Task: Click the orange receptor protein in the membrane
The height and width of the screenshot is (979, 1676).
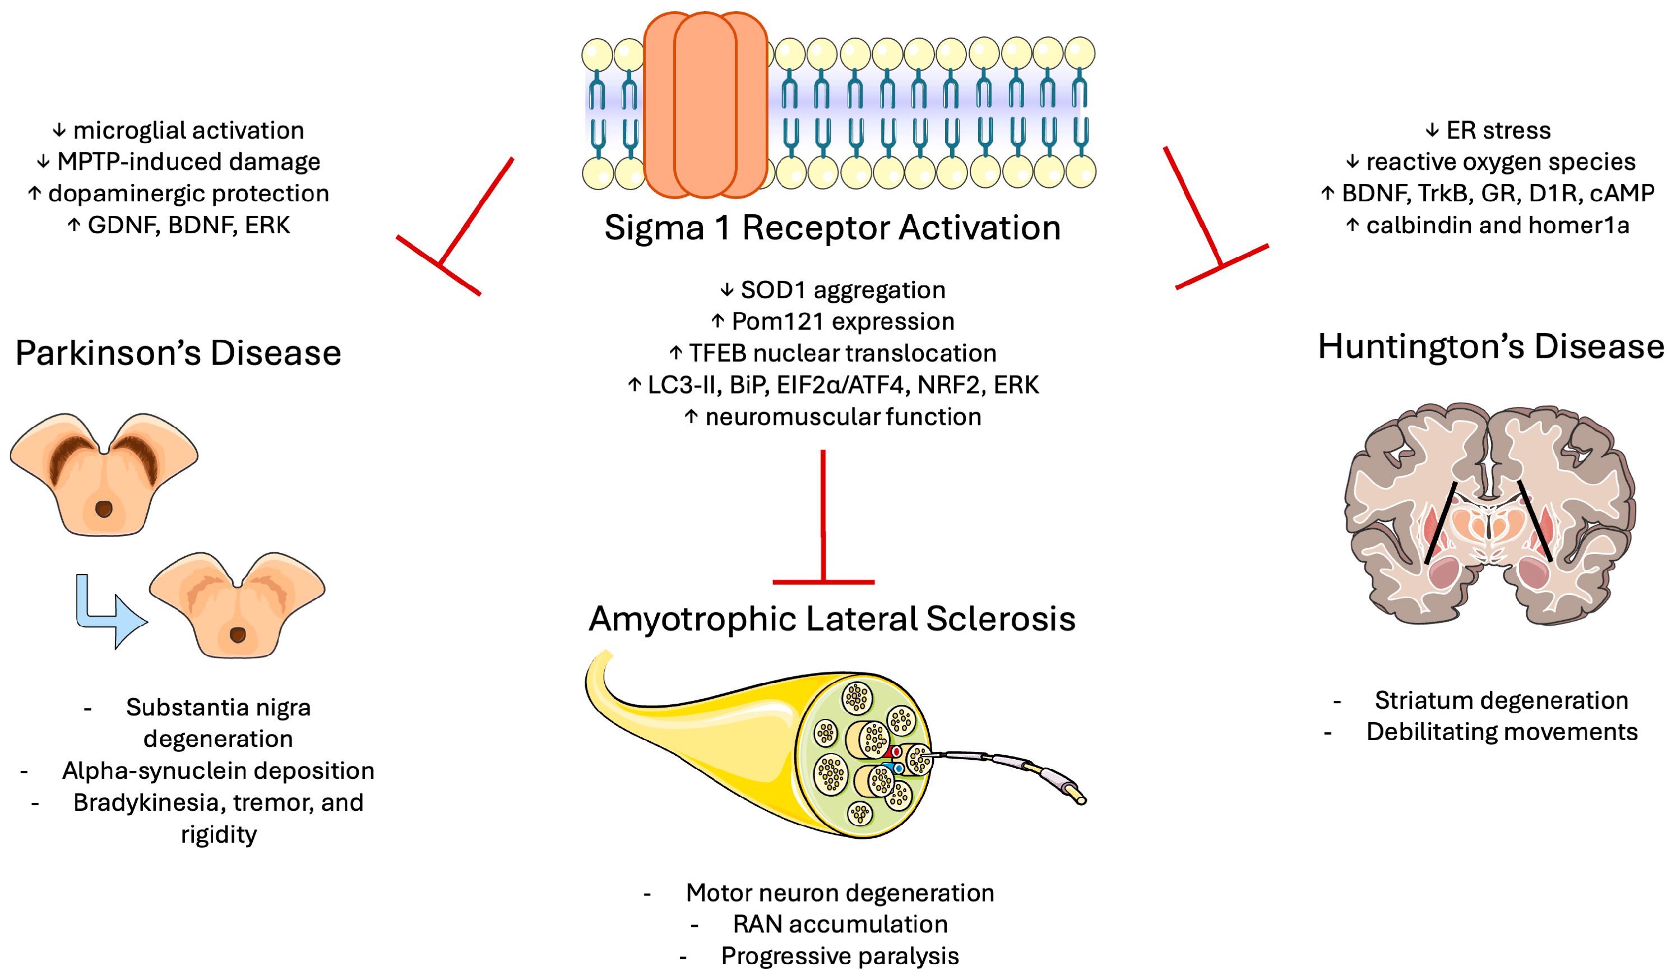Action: point(705,105)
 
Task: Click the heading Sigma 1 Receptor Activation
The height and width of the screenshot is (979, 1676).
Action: point(832,228)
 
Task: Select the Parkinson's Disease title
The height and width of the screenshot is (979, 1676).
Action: point(178,353)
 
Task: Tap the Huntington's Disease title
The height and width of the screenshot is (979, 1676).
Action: point(1490,347)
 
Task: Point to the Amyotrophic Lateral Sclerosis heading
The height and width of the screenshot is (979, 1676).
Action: point(832,618)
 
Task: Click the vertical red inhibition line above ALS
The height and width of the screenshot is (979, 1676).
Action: point(823,519)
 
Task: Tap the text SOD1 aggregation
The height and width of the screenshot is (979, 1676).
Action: point(842,290)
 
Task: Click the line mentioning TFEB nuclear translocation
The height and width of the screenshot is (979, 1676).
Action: point(842,353)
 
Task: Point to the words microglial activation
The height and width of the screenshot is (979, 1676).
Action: point(188,130)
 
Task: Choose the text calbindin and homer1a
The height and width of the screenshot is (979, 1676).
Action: point(1497,225)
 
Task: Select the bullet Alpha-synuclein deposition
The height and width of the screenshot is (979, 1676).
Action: point(218,770)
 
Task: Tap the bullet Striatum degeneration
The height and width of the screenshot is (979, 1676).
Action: point(1501,700)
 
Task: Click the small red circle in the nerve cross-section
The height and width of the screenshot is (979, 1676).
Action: point(896,751)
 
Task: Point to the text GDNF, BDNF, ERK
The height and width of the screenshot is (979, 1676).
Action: point(188,225)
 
